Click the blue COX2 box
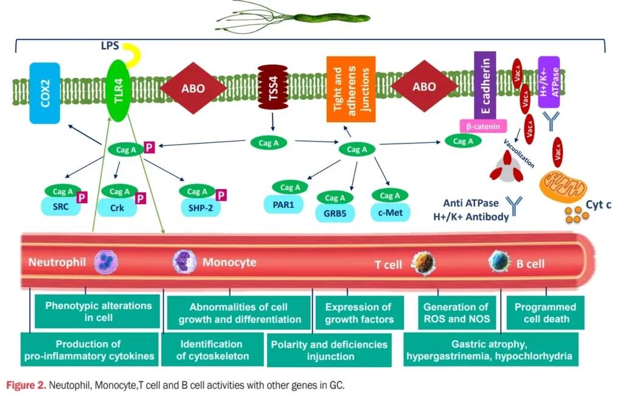coord(44,92)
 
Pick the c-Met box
coord(390,212)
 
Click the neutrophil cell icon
coord(105,262)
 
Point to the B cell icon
coord(499,263)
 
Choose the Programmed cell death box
coord(545,312)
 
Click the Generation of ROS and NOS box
coord(456,312)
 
